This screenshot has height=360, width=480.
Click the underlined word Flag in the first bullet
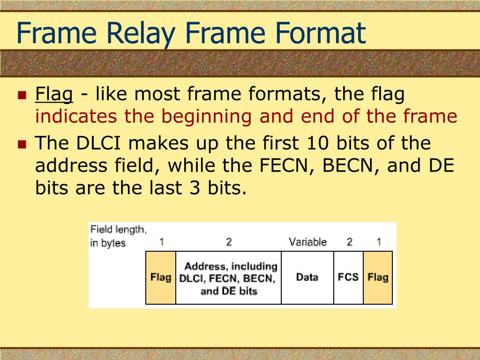[x=54, y=95]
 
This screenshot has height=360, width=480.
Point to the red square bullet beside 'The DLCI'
[x=21, y=144]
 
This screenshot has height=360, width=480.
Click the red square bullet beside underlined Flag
[x=21, y=96]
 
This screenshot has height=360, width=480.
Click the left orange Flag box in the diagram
[x=161, y=277]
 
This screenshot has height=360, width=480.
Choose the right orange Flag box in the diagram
[x=378, y=277]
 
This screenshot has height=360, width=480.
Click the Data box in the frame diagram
[x=307, y=277]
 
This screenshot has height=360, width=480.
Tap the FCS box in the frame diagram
[x=348, y=277]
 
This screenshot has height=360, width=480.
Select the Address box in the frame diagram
[x=228, y=278]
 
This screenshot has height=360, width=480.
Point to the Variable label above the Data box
[x=307, y=242]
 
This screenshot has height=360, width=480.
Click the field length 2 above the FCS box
[x=349, y=242]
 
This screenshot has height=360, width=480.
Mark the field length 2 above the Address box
[x=229, y=242]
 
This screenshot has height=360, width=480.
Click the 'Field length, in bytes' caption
[x=117, y=236]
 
